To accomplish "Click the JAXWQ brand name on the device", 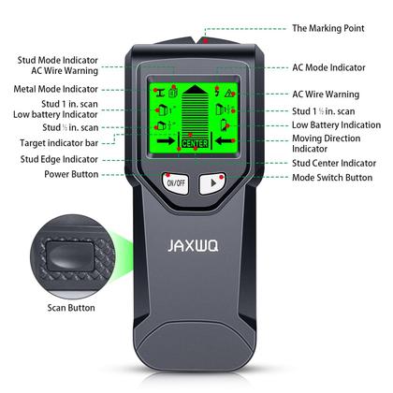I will pyautogui.click(x=196, y=252).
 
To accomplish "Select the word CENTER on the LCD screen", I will pyautogui.click(x=195, y=143).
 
